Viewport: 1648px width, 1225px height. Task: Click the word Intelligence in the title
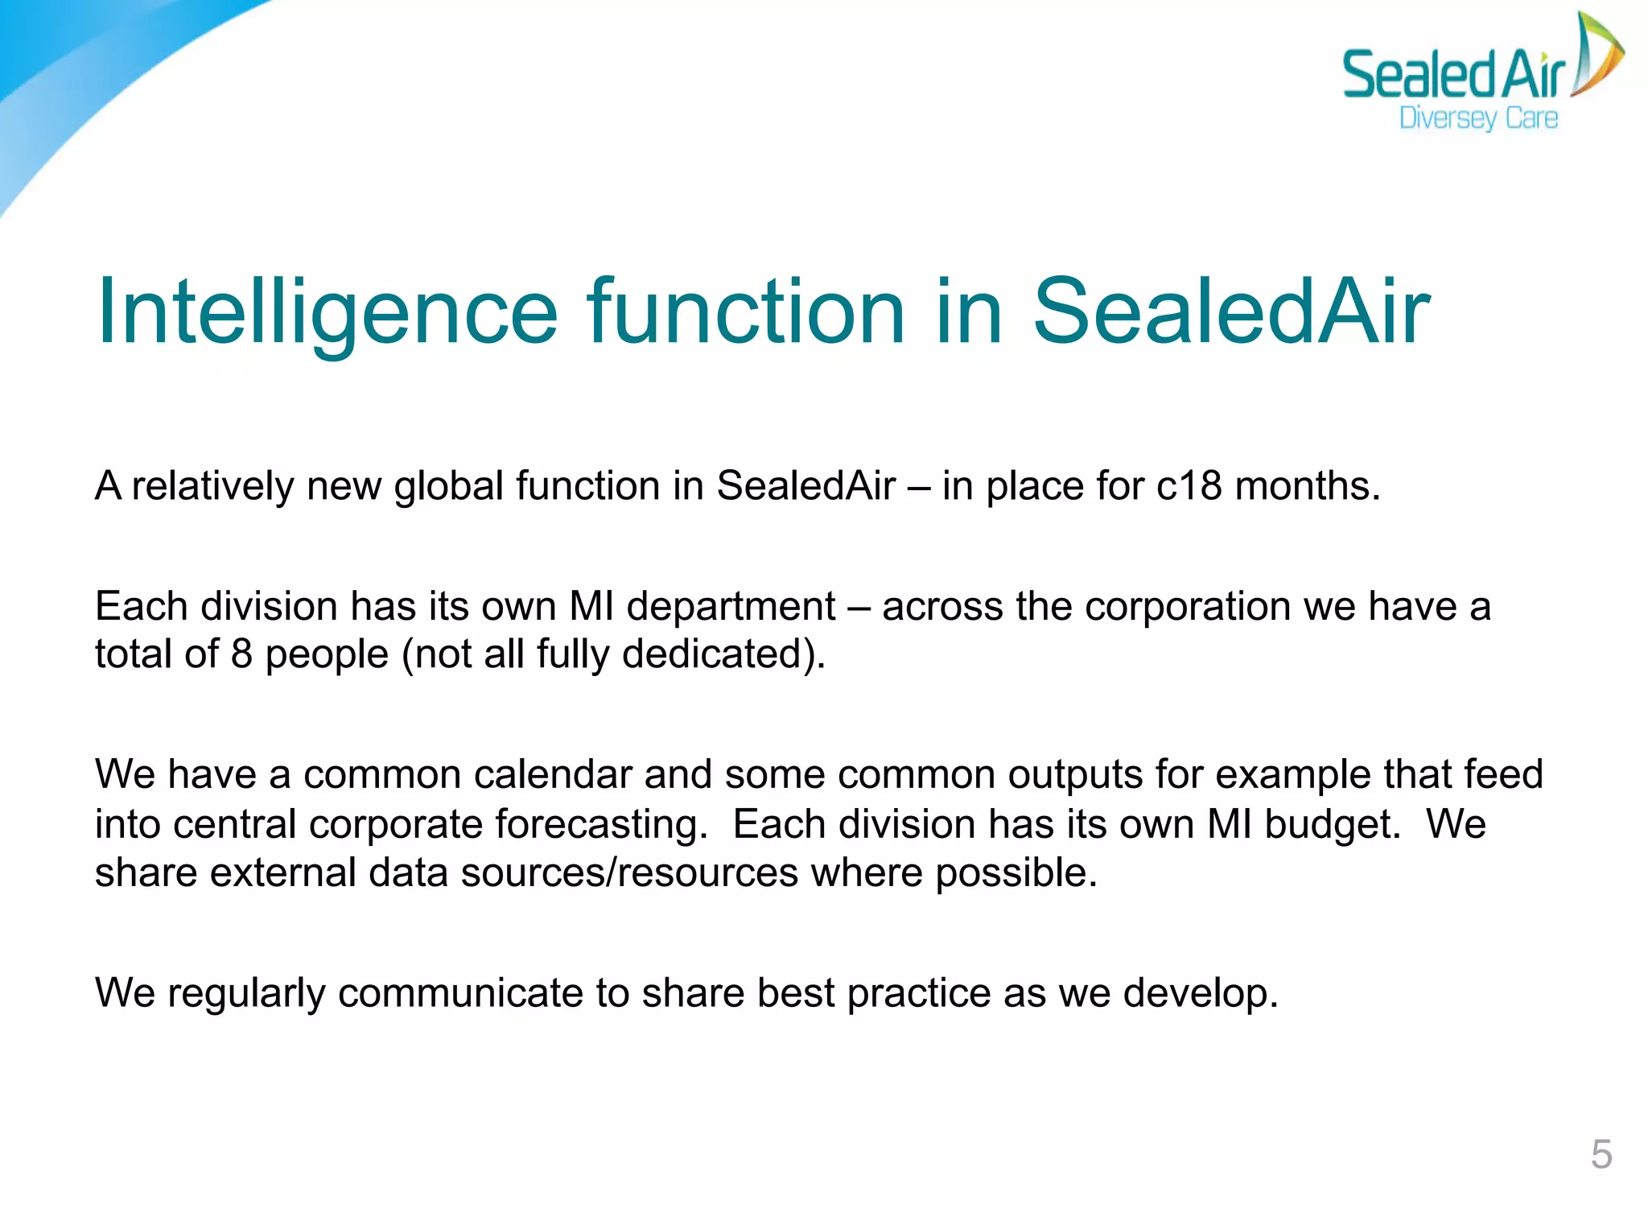326,312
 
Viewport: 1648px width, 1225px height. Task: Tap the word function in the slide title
745,312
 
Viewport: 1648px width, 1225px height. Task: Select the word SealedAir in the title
1230,312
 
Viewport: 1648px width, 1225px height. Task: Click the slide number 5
1601,1154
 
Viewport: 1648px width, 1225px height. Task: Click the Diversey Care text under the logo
1478,118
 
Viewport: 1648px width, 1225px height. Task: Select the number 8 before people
241,654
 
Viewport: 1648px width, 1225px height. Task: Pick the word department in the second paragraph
731,606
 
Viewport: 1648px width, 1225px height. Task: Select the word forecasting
600,824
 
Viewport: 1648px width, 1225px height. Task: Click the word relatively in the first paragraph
212,486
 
